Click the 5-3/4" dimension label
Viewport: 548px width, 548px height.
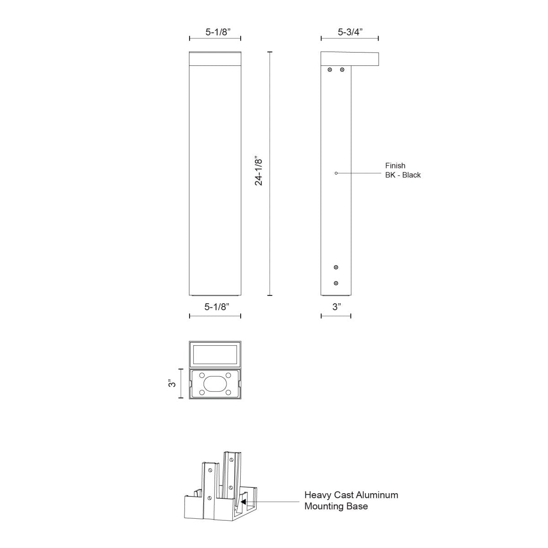[350, 32]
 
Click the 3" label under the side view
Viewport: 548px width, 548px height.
[337, 307]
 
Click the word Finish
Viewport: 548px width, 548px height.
[395, 166]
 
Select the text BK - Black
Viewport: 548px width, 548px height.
[403, 175]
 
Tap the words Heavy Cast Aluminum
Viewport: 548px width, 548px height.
[351, 495]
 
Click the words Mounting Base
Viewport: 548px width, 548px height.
[336, 506]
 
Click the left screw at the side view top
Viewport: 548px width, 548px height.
[330, 70]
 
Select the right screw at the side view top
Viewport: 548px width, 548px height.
[342, 70]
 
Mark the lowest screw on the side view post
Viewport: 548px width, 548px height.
[336, 283]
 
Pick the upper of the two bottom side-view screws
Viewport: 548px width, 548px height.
[336, 267]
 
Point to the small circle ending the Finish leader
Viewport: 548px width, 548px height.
[336, 173]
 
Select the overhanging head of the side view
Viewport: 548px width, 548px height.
[350, 58]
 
